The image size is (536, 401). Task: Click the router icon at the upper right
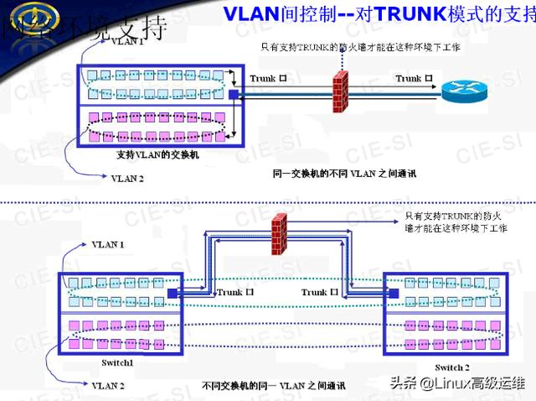point(461,86)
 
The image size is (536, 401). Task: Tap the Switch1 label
point(116,362)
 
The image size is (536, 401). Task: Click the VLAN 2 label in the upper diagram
point(127,178)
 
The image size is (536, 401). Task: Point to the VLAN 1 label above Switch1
point(108,244)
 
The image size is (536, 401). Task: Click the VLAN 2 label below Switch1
point(108,385)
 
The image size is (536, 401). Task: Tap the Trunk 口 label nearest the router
point(414,78)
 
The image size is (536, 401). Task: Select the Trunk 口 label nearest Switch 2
point(319,292)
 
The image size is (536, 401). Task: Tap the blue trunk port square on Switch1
point(173,293)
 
